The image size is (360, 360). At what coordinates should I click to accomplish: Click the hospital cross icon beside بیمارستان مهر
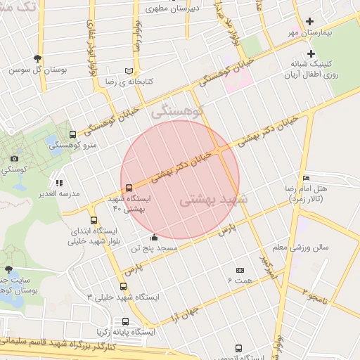tap(310, 22)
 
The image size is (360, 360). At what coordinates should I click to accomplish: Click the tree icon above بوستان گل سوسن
tap(37, 59)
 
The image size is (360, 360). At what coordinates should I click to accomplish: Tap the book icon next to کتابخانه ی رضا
tap(128, 71)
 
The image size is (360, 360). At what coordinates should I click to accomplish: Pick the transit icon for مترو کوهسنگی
tap(73, 134)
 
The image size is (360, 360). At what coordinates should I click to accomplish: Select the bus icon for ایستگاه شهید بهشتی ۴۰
tap(128, 188)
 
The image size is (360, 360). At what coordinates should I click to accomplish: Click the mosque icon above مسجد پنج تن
tap(154, 237)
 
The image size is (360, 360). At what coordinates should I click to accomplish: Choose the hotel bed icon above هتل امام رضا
tap(305, 177)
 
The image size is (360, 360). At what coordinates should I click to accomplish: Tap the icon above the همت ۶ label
tap(239, 270)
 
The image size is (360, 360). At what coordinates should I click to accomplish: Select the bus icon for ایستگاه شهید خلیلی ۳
tap(124, 286)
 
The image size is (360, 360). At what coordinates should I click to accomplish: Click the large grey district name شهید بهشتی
tap(214, 200)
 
